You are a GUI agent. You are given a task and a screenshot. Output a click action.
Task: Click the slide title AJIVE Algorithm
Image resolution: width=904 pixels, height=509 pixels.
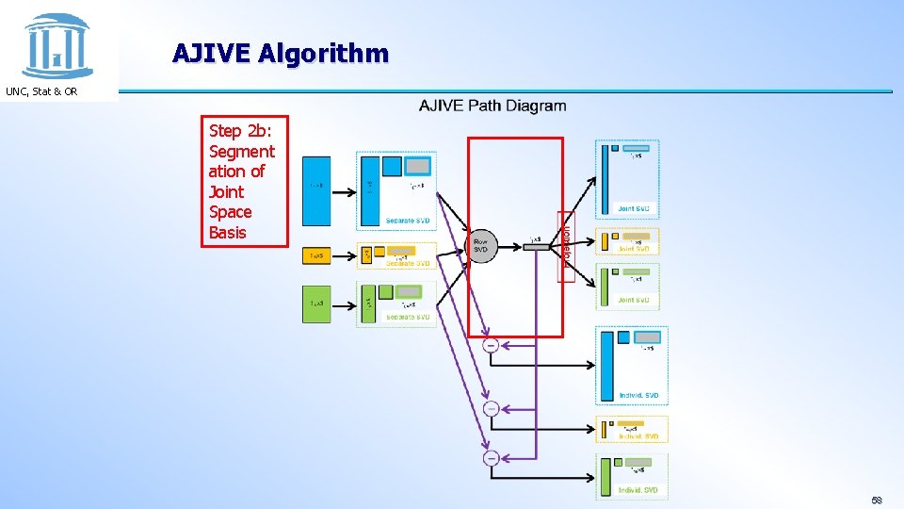pos(280,53)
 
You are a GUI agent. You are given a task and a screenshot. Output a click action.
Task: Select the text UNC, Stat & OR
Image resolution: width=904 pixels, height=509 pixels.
pos(41,91)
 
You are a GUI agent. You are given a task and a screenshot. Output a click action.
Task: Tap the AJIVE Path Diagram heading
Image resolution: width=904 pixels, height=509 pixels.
pos(492,106)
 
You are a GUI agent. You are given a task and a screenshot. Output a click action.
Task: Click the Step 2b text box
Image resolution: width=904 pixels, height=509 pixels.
pos(243,181)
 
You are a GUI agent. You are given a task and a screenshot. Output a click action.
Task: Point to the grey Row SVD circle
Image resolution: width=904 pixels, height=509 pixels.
pos(481,247)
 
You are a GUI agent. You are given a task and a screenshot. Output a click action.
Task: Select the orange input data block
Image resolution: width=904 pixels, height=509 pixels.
pos(316,255)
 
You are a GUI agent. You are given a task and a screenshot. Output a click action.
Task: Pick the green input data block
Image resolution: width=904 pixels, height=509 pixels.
pos(316,304)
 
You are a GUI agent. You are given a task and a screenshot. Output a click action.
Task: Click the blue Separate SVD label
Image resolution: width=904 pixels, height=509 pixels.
pos(408,221)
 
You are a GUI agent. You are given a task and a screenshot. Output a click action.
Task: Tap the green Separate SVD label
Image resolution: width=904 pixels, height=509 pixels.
pos(408,318)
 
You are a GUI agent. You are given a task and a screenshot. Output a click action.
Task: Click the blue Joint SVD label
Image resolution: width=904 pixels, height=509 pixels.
pos(633,208)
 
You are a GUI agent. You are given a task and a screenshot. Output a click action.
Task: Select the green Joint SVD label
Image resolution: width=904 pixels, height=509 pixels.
pos(633,301)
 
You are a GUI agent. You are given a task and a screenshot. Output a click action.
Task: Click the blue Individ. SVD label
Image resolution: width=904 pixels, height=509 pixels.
pos(638,395)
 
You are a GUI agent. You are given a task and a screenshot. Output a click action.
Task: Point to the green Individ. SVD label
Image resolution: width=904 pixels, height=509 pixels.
pos(638,491)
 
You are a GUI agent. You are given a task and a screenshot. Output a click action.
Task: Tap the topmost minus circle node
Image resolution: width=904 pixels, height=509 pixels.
pos(491,346)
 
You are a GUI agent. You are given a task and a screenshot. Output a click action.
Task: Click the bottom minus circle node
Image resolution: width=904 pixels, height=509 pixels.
pos(491,458)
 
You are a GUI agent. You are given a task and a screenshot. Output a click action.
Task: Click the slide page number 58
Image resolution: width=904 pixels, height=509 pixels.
pos(876,500)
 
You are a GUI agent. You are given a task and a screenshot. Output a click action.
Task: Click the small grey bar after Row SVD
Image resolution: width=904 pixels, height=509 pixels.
pos(535,247)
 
